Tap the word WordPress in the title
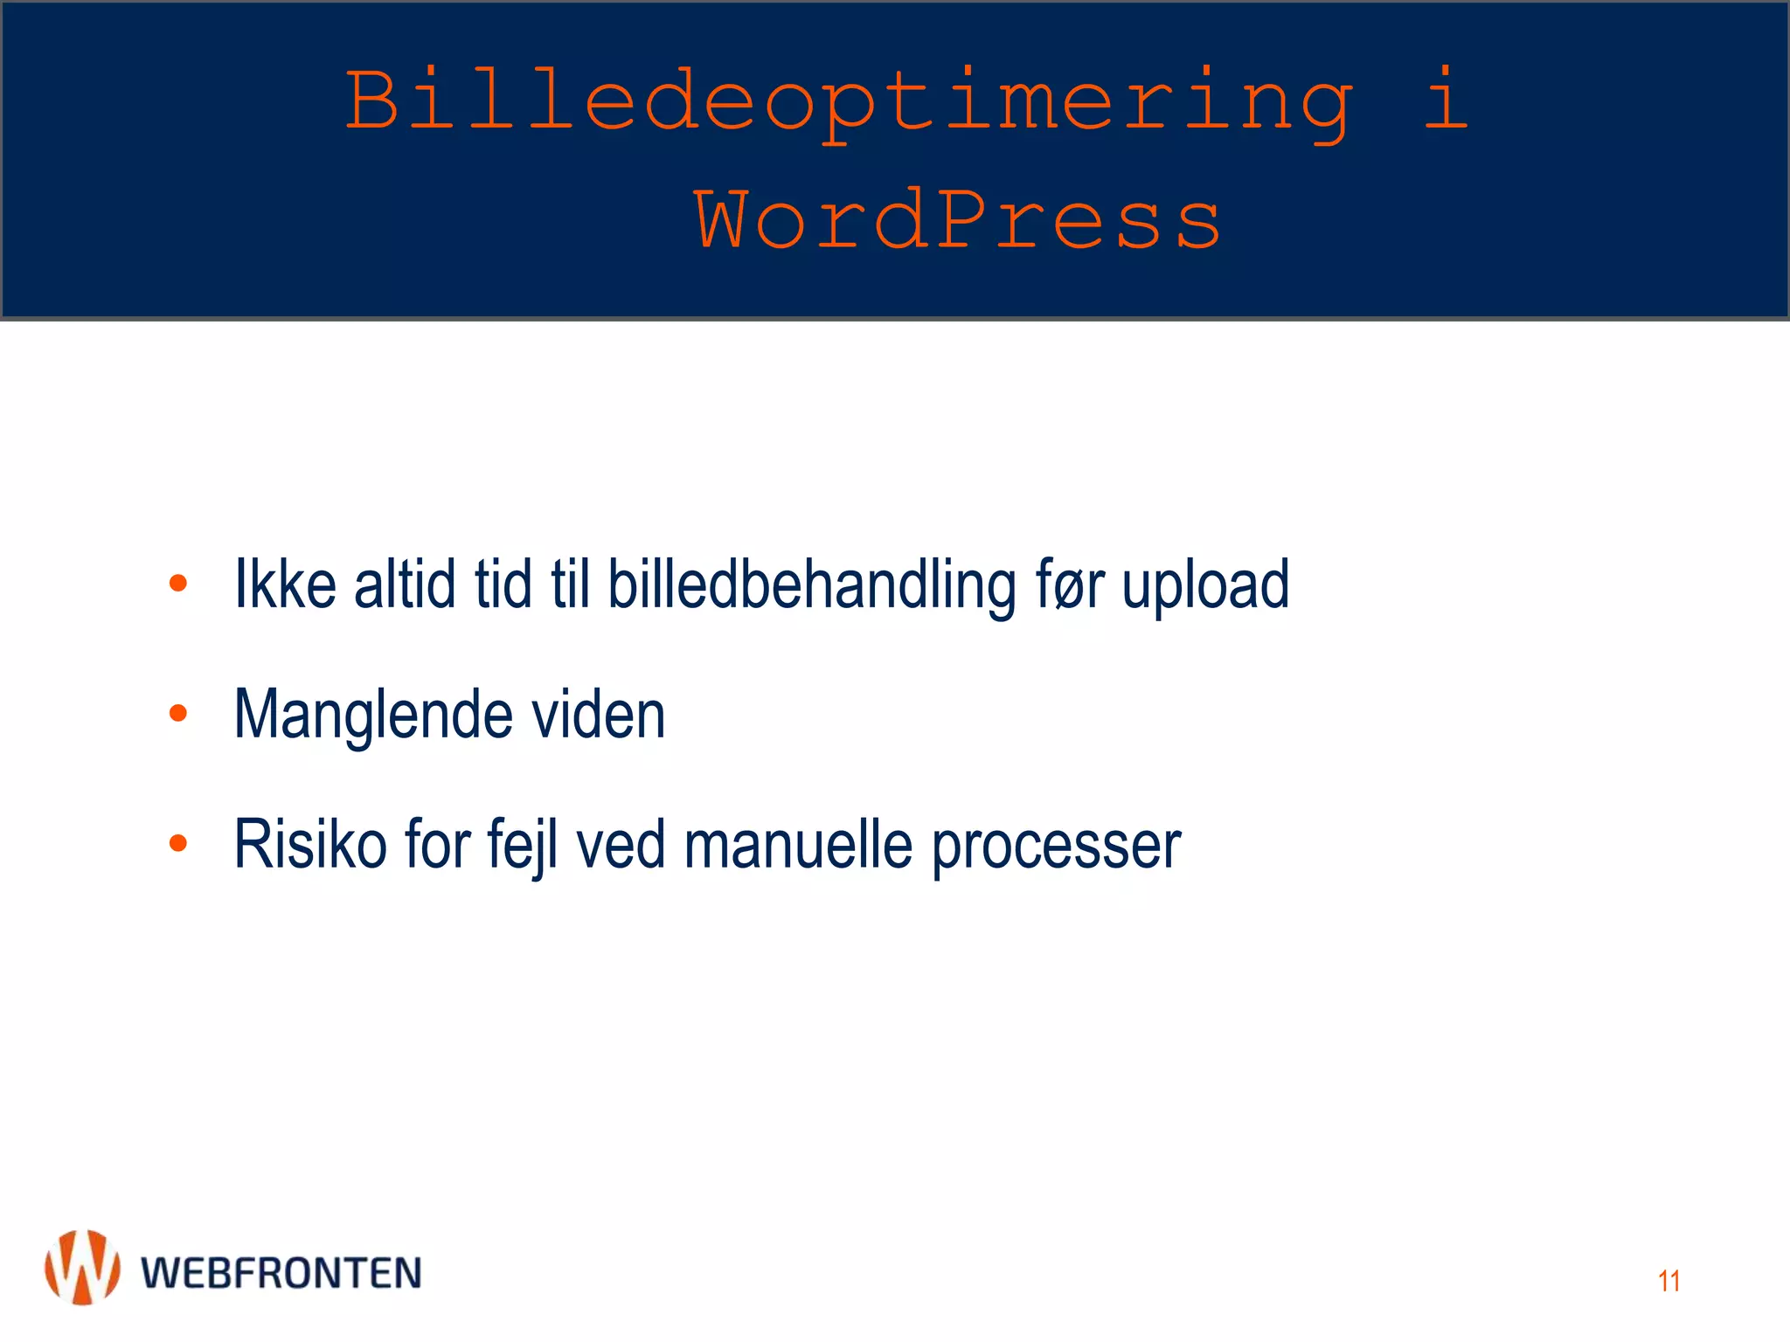(x=957, y=221)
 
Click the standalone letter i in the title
(x=1446, y=100)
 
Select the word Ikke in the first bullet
(x=286, y=584)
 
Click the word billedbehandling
(x=812, y=585)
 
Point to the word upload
(x=1205, y=585)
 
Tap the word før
(x=1070, y=585)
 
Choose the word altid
(x=405, y=584)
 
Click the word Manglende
(x=373, y=716)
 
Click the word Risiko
(x=310, y=844)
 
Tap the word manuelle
(x=798, y=845)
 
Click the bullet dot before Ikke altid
(x=178, y=583)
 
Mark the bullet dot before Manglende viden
(x=178, y=713)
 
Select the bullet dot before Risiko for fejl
(x=178, y=843)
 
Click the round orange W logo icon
(x=82, y=1268)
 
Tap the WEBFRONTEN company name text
(x=281, y=1273)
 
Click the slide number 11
(x=1669, y=1281)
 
